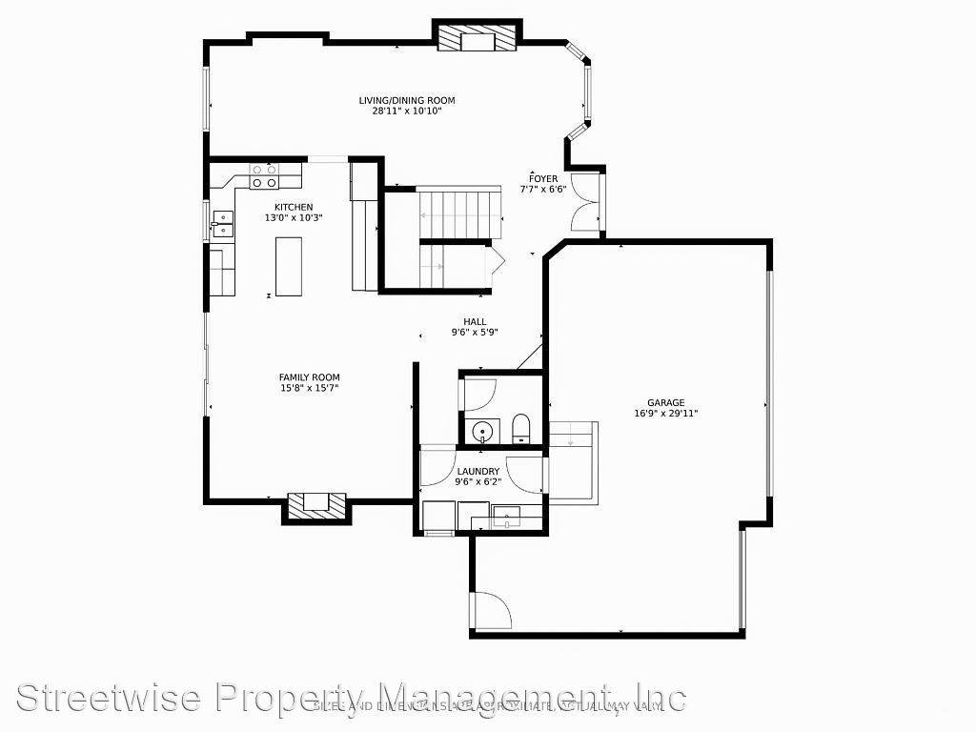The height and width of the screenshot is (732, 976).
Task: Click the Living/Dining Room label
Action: [x=406, y=100]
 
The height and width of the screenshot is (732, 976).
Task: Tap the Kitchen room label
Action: [x=293, y=207]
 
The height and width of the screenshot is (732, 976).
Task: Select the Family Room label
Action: [x=309, y=377]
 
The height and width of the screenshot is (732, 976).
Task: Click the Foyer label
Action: [x=543, y=178]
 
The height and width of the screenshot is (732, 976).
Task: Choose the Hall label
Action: [x=475, y=322]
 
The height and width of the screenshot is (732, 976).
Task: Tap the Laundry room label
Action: [x=478, y=471]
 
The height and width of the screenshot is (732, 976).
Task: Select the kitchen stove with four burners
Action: [x=264, y=175]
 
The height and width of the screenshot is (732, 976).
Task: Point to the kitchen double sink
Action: [x=222, y=224]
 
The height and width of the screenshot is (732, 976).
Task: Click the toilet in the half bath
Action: [x=521, y=428]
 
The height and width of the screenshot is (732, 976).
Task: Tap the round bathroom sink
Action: [x=484, y=432]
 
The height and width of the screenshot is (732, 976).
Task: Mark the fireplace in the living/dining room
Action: [x=478, y=38]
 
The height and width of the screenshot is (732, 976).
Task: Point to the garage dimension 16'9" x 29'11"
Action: [x=665, y=414]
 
